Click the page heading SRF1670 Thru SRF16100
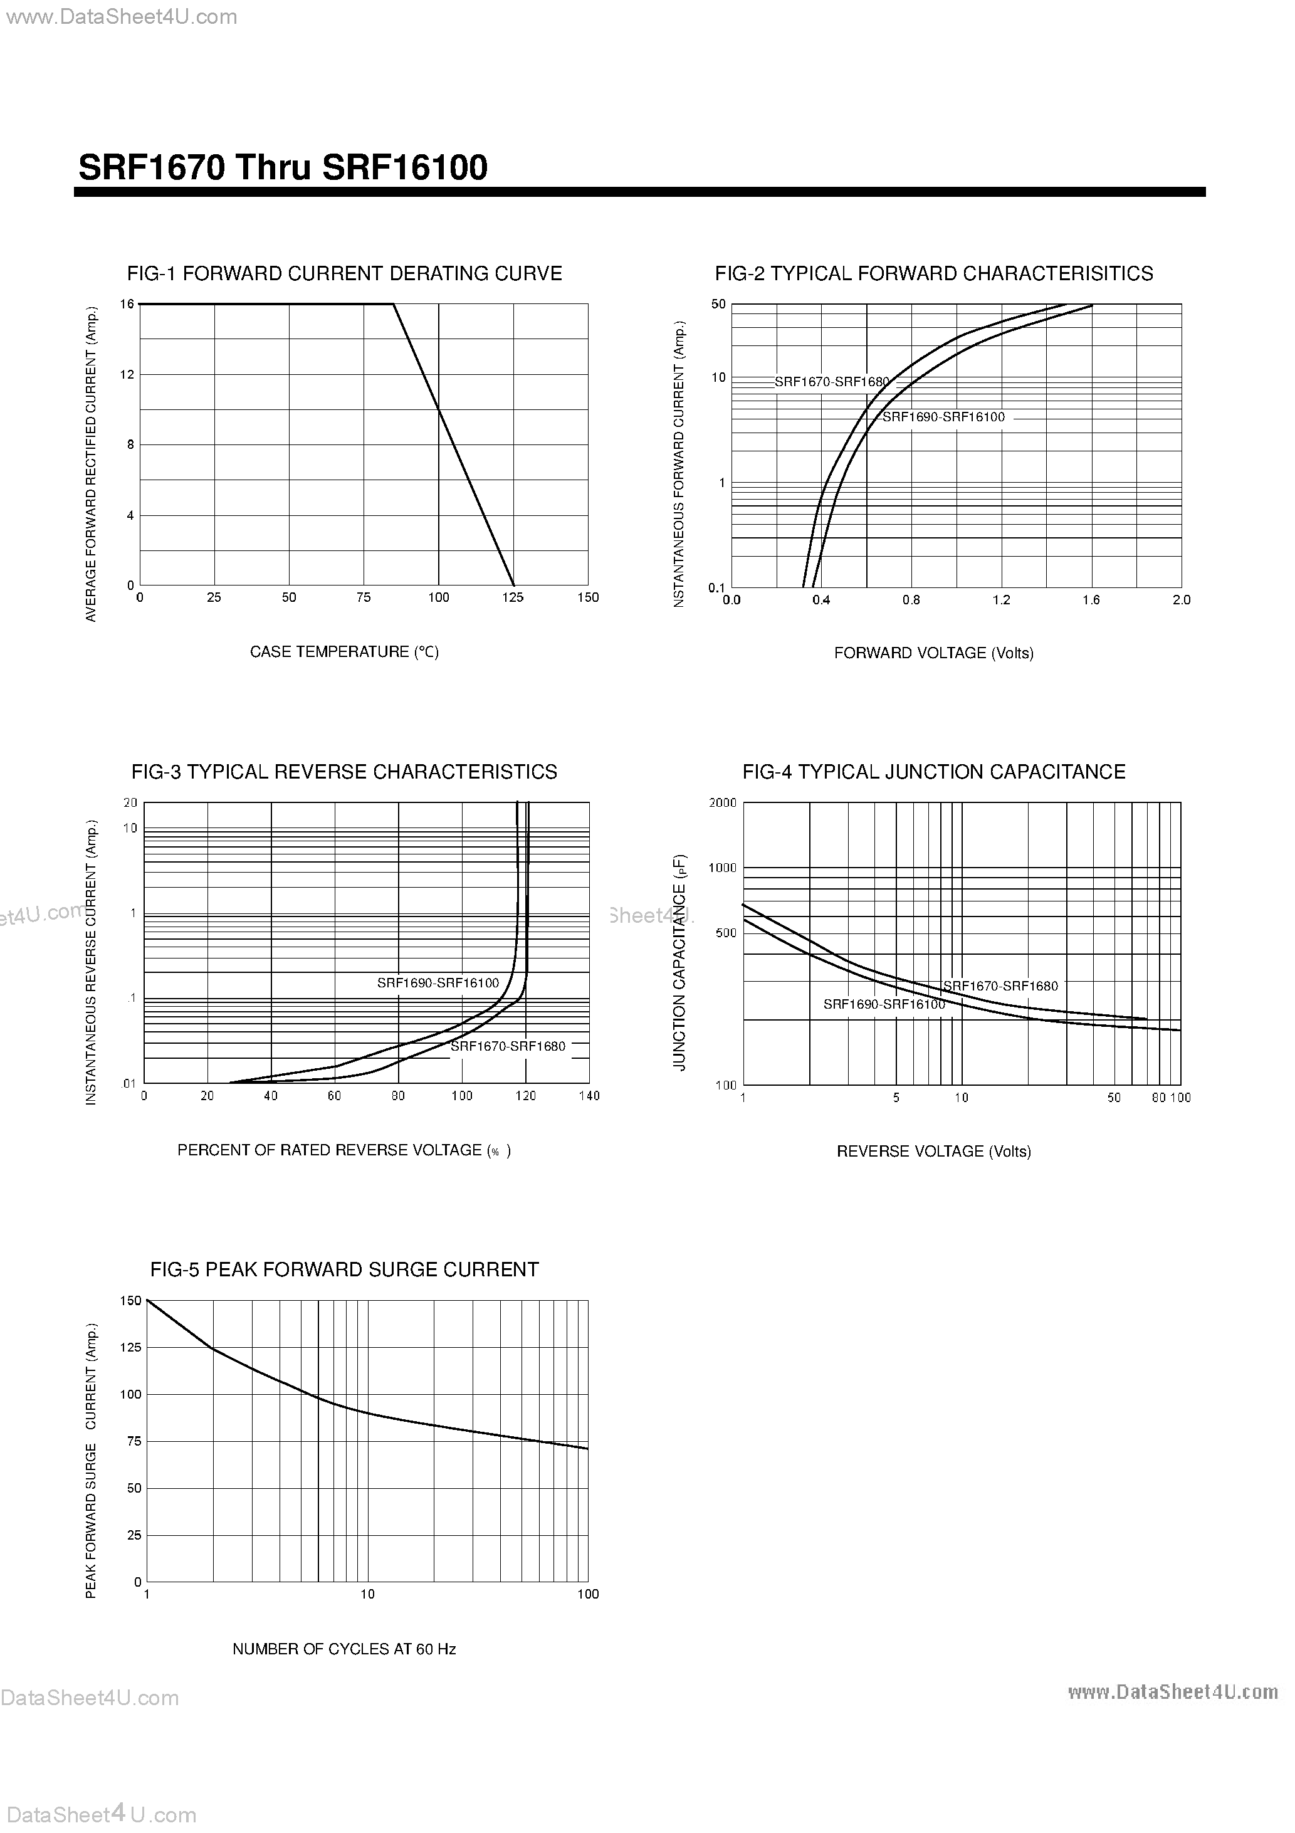click(x=283, y=167)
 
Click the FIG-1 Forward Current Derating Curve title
click(x=344, y=274)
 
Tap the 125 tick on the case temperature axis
click(x=513, y=597)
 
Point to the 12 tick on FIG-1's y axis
click(x=127, y=374)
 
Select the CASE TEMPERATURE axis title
click(x=344, y=652)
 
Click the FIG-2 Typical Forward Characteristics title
click(x=933, y=274)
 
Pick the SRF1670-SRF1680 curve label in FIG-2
click(x=831, y=382)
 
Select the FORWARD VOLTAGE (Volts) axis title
click(x=933, y=653)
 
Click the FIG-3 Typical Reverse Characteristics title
click(x=344, y=772)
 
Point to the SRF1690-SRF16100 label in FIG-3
click(x=438, y=984)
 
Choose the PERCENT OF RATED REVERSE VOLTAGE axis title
click(x=344, y=1150)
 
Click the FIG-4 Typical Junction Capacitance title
click(x=933, y=772)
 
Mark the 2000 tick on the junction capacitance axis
click(x=723, y=803)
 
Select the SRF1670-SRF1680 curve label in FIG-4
click(x=1000, y=986)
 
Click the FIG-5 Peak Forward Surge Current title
click(x=344, y=1270)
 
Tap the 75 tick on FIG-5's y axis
click(x=134, y=1441)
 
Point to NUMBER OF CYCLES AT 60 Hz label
click(x=344, y=1649)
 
